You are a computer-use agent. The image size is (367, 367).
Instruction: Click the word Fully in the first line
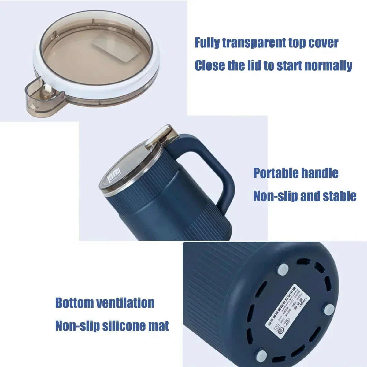pyautogui.click(x=207, y=43)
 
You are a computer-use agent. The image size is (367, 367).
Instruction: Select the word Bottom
pyautogui.click(x=74, y=303)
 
